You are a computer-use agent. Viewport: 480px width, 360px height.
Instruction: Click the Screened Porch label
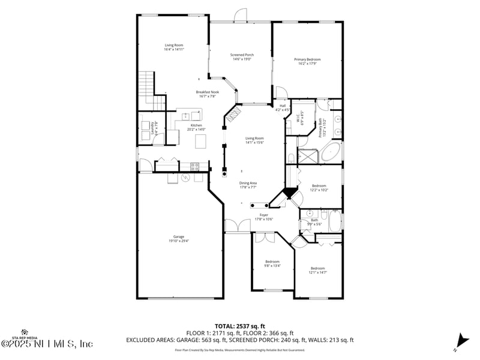241,57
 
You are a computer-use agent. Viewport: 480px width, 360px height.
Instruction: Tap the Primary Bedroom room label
307,61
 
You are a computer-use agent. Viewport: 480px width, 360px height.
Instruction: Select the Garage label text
179,238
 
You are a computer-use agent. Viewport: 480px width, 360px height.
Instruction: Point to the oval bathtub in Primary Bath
331,152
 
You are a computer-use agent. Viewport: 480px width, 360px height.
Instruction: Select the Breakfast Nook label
207,94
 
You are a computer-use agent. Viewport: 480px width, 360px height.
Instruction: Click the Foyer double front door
238,226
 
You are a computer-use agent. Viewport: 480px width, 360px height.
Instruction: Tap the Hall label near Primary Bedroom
282,108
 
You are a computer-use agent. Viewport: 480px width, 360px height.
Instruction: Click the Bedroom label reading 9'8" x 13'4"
272,263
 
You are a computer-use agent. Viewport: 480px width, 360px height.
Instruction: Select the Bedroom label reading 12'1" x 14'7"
317,270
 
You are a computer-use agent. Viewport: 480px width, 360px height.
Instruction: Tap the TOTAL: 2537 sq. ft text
239,326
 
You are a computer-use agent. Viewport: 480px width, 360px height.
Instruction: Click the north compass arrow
460,340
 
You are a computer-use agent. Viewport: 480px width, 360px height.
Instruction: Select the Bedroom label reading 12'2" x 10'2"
319,188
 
